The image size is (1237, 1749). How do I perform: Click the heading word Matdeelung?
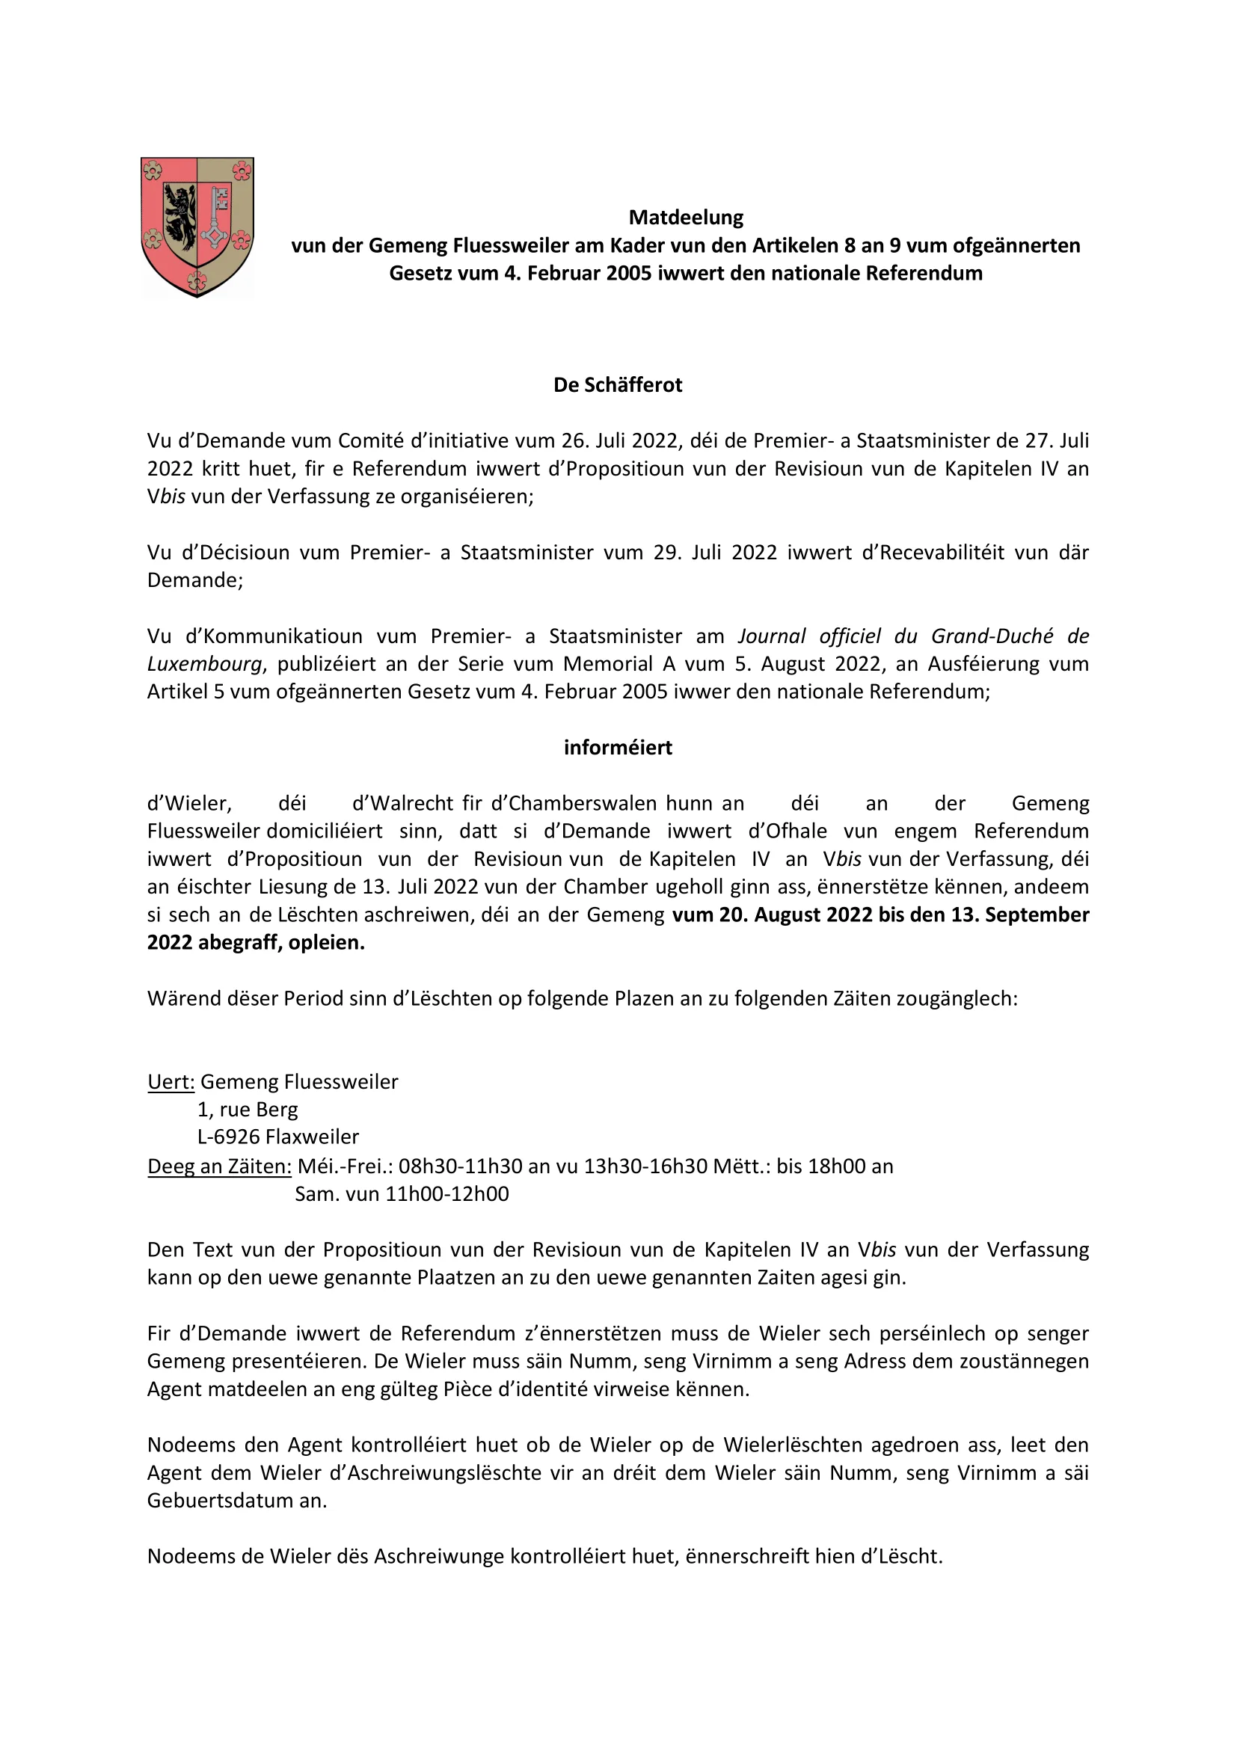686,218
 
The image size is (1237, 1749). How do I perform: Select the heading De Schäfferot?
618,385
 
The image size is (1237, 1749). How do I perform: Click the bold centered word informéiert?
618,748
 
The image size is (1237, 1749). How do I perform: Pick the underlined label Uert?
171,1082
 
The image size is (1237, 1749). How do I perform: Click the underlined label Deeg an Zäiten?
219,1166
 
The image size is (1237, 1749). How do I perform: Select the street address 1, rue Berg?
248,1110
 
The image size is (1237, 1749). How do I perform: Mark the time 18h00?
838,1166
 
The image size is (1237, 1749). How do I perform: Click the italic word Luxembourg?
205,664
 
